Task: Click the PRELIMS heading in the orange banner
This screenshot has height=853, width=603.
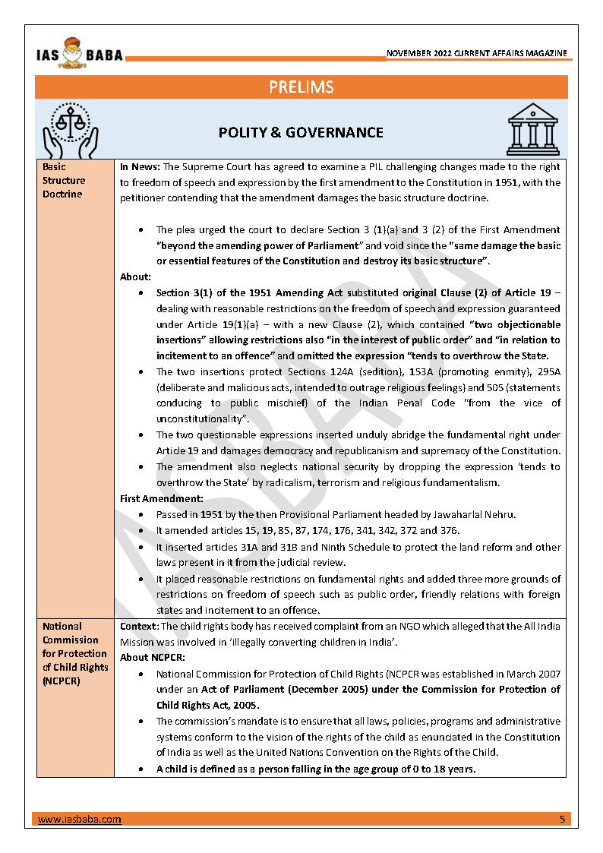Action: (x=301, y=87)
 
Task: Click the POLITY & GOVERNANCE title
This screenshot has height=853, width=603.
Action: (x=301, y=132)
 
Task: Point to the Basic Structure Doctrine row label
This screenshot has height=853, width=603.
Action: (x=64, y=180)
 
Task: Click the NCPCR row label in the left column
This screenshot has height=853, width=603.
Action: (x=74, y=653)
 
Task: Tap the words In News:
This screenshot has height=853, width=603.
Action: (x=140, y=167)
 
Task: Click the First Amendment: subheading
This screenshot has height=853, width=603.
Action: (x=162, y=498)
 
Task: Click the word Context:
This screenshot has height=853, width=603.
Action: (x=139, y=627)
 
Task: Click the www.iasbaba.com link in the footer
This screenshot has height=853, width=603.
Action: (x=79, y=820)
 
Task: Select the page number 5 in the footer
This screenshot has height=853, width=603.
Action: (x=562, y=820)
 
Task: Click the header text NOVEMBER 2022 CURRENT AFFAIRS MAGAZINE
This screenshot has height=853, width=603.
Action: (x=476, y=54)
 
